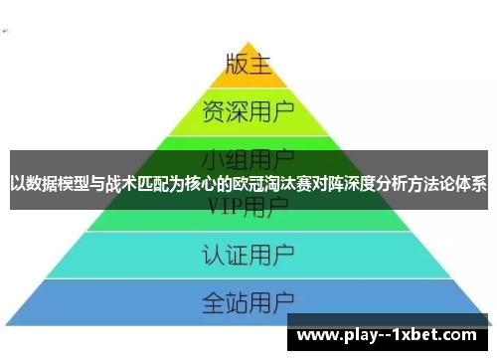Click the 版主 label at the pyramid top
[248, 65]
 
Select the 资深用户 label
[248, 107]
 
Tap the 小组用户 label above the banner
[248, 157]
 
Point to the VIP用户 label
[248, 207]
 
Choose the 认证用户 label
[248, 254]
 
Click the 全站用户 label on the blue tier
[248, 300]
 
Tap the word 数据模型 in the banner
[59, 184]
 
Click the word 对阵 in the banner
[320, 184]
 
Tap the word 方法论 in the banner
[430, 184]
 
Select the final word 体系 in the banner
[472, 184]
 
